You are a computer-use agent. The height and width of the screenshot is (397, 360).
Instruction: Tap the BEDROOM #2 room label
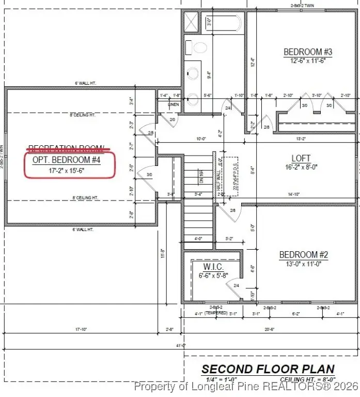pyautogui.click(x=304, y=254)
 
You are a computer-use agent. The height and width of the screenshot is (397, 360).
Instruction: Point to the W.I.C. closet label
pyautogui.click(x=213, y=267)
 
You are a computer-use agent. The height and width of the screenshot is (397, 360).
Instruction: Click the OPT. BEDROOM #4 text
pyautogui.click(x=66, y=160)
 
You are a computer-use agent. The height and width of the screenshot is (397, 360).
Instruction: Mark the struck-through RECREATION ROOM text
pyautogui.click(x=66, y=149)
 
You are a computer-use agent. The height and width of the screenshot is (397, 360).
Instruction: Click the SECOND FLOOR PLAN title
pyautogui.click(x=268, y=369)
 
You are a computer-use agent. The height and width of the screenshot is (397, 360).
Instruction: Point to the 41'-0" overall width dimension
pyautogui.click(x=180, y=345)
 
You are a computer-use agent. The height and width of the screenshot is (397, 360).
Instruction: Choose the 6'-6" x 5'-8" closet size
pyautogui.click(x=213, y=276)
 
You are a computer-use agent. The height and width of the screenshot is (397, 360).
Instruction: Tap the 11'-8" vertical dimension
pyautogui.click(x=163, y=253)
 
